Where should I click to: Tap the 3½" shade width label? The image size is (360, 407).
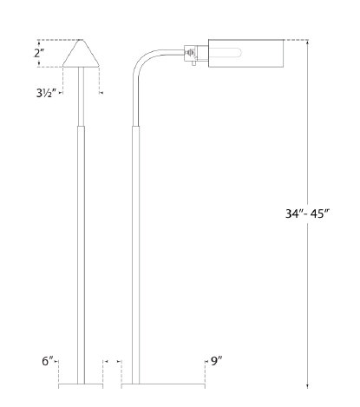(49, 89)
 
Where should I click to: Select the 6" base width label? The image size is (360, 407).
(49, 360)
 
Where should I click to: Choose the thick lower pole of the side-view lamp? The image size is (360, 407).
(135, 252)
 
